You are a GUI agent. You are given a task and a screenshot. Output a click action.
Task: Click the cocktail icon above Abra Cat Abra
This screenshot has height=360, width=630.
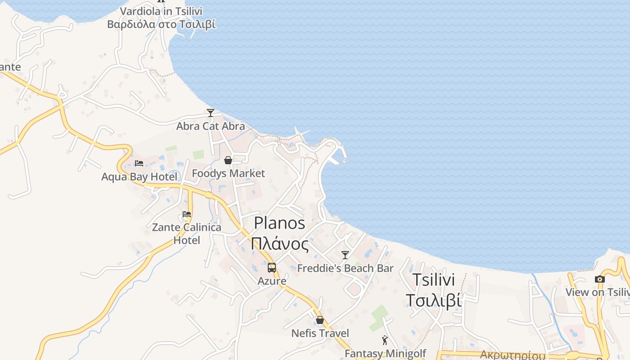coord(210,112)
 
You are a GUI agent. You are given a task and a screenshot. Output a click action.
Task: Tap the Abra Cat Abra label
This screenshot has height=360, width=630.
coord(210,126)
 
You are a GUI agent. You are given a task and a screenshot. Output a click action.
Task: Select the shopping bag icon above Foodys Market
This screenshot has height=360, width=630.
coord(228,160)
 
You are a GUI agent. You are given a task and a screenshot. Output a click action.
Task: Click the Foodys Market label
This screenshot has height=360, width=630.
coord(228,173)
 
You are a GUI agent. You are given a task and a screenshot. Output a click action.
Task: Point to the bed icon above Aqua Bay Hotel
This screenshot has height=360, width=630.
coord(139,163)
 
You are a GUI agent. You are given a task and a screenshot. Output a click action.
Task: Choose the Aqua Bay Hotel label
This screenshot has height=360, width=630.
coord(139,177)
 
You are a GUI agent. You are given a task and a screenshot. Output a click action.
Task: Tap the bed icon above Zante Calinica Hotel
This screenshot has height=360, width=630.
coord(187,214)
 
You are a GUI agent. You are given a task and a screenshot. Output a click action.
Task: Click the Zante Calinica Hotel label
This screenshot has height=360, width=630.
coord(187,234)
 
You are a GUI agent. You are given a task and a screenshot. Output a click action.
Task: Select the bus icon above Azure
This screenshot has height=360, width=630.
coord(272,268)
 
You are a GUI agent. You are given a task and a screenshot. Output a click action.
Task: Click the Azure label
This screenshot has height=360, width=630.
coord(272,281)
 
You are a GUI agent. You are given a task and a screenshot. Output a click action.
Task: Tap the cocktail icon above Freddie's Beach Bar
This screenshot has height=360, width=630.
coord(345,255)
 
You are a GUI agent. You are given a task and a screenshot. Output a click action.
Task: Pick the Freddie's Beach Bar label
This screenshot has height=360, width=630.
coord(345,269)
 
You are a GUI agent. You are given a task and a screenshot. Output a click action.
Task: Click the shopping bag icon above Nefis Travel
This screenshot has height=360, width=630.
coord(320,320)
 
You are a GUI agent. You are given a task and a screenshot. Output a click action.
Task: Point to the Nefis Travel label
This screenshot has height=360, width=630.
coord(320,333)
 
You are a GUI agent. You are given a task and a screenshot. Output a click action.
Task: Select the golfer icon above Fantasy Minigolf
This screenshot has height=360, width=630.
coord(385,340)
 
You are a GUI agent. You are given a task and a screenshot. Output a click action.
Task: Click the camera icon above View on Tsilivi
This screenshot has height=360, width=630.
coord(599,279)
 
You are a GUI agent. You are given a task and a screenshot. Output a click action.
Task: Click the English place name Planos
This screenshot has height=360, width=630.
coord(279,223)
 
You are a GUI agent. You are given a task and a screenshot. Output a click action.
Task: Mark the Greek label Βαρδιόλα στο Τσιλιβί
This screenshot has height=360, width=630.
coord(161,24)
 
